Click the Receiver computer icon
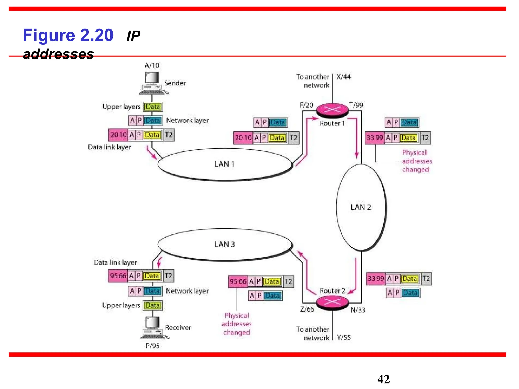153,327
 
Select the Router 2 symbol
332,302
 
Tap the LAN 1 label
224,164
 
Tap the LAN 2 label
361,207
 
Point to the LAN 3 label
225,244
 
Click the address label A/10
152,65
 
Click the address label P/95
153,346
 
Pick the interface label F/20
306,105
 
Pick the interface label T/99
356,105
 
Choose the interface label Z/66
307,309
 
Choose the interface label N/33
358,310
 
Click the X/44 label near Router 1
343,77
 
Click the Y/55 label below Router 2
344,337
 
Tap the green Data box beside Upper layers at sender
153,107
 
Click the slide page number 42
383,379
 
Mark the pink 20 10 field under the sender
118,135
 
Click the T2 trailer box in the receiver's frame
169,276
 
